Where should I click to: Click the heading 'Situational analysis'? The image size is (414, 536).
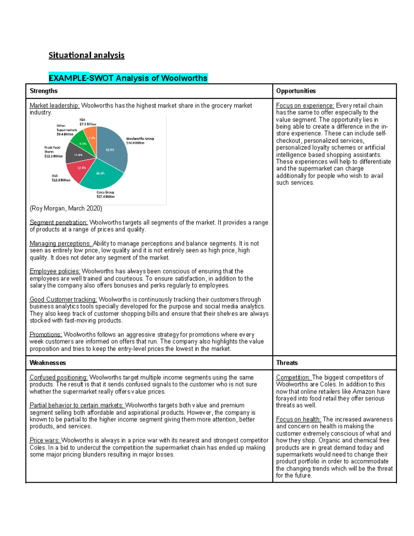[86, 55]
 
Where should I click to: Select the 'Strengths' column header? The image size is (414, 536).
[43, 91]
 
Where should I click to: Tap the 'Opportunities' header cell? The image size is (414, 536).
[296, 91]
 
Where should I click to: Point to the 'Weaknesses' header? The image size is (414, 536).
[48, 363]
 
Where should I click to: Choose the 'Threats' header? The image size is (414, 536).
[287, 363]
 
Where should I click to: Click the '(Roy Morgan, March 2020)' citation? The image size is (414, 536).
[66, 208]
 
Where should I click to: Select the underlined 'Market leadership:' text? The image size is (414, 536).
[55, 106]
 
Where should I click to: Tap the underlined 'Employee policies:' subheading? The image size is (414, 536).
[55, 271]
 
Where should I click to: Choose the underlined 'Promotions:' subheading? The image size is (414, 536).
[46, 334]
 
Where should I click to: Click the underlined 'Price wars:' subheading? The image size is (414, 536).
[45, 440]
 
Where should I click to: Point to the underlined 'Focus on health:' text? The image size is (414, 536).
[298, 419]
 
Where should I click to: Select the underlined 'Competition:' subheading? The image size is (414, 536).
[293, 378]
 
